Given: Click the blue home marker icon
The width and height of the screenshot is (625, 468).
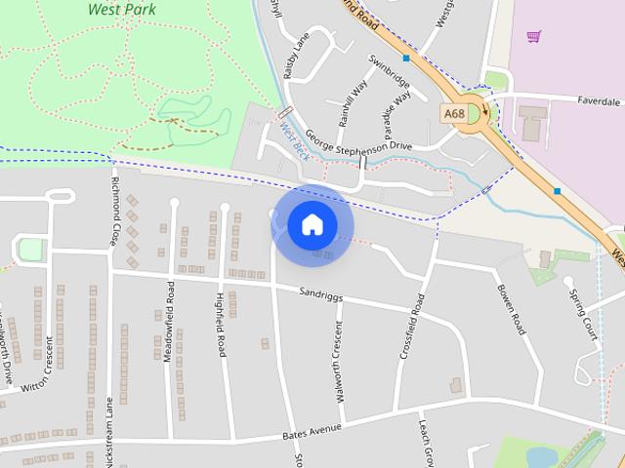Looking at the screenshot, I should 312,225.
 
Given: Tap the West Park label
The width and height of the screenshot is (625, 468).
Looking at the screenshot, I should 122,10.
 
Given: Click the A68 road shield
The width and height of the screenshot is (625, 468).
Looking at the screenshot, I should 454,114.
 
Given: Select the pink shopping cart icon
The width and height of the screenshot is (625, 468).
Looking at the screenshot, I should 533,37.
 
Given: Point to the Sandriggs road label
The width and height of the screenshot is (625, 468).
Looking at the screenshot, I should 323,292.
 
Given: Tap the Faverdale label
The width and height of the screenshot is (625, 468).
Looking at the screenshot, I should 598,100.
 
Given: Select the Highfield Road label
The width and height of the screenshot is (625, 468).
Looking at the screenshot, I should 221,325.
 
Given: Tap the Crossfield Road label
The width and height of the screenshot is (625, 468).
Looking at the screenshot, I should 412,327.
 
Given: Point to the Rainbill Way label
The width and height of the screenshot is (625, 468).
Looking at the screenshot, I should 352,102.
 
